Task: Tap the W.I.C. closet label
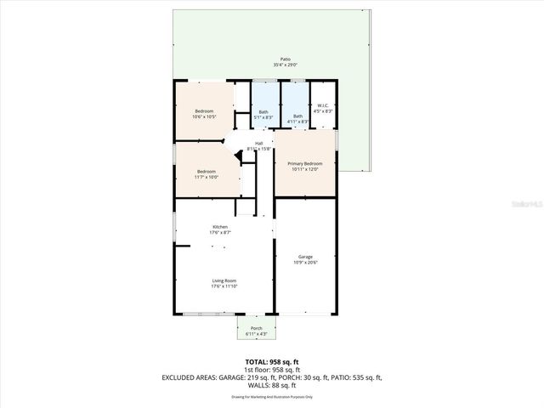pyautogui.click(x=322, y=105)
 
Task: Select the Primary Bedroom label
pyautogui.click(x=304, y=163)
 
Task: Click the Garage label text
pyautogui.click(x=304, y=257)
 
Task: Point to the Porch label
pyautogui.click(x=257, y=328)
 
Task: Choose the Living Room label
pyautogui.click(x=224, y=280)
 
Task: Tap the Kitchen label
pyautogui.click(x=220, y=227)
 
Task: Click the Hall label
pyautogui.click(x=258, y=143)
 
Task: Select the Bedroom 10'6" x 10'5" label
pyautogui.click(x=204, y=111)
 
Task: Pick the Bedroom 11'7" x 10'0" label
pyautogui.click(x=206, y=172)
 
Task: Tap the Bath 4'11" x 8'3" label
pyautogui.click(x=297, y=116)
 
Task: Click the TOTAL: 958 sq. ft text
pyautogui.click(x=271, y=362)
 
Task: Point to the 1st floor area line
pyautogui.click(x=271, y=370)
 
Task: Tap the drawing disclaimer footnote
pyautogui.click(x=271, y=397)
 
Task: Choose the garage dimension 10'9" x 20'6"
pyautogui.click(x=304, y=263)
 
